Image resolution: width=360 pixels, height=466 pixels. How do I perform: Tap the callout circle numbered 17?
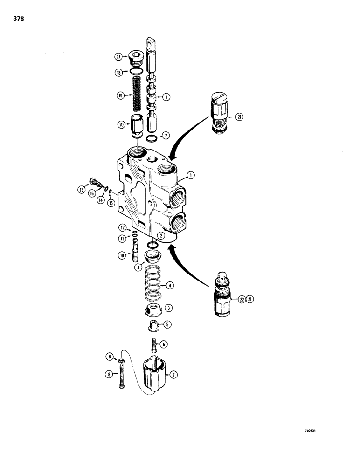(x=118, y=57)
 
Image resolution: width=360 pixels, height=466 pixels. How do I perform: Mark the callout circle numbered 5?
(x=166, y=324)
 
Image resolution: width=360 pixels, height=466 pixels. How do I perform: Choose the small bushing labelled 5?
(x=152, y=325)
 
